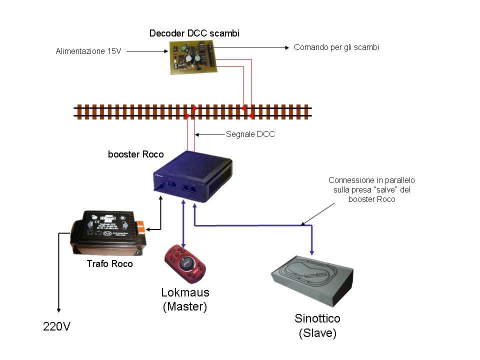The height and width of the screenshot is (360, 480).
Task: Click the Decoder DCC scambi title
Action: click(x=194, y=33)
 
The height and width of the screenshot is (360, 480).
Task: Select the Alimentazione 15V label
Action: click(x=89, y=51)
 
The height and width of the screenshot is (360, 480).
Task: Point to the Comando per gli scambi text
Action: click(x=336, y=47)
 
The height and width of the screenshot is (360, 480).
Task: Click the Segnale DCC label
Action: click(x=250, y=134)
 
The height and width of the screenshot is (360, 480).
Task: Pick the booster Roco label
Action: click(x=135, y=154)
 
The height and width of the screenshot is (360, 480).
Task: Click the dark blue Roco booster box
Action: click(x=192, y=177)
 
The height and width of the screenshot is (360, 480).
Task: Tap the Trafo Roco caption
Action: click(x=109, y=263)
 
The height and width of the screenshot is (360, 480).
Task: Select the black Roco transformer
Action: click(x=108, y=232)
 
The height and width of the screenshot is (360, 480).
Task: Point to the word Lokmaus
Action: click(x=185, y=292)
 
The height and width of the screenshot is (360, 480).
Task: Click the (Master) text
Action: click(x=185, y=306)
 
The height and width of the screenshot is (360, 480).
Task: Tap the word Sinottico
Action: click(x=317, y=318)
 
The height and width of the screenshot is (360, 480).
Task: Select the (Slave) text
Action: click(x=317, y=333)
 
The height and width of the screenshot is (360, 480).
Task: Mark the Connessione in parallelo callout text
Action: click(x=371, y=189)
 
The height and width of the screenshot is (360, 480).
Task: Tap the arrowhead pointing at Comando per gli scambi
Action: click(x=287, y=48)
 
